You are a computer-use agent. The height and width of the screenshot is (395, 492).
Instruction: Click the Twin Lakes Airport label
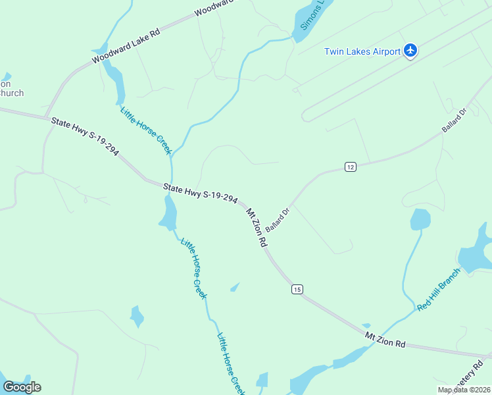pos(362,51)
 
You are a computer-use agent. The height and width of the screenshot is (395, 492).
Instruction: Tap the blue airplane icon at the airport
pos(411,50)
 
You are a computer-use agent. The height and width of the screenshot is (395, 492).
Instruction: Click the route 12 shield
pos(350,167)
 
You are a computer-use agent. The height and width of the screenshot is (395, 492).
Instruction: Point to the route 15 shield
pos(297,289)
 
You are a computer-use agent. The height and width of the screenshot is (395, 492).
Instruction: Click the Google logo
pos(22,386)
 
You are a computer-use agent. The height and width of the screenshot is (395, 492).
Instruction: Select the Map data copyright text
pos(464,389)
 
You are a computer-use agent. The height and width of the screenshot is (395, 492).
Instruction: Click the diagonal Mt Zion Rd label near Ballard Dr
pos(257,228)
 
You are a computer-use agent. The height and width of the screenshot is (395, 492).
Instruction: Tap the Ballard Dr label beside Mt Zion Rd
pos(278,220)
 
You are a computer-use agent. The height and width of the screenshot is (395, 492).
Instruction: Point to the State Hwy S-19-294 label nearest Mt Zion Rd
pos(200,194)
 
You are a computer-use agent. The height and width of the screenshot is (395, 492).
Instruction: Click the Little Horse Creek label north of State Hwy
pos(146,130)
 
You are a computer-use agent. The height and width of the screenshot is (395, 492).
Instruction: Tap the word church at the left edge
pos(11,93)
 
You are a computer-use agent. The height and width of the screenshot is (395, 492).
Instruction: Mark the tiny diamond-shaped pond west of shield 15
pos(235,287)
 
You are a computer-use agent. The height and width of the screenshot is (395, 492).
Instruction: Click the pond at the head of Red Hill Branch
pos(420,219)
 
